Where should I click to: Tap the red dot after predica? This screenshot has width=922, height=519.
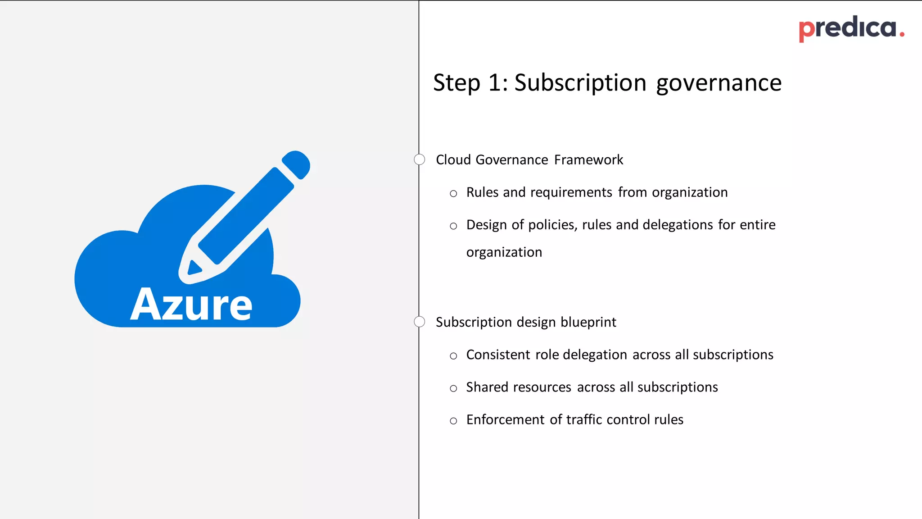coord(902,35)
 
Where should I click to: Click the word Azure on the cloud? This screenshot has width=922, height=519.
coord(191,305)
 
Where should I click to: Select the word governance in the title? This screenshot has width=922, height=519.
coord(719,83)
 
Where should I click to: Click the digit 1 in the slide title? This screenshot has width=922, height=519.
coord(494,83)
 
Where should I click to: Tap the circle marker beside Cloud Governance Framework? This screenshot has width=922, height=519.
coord(419,159)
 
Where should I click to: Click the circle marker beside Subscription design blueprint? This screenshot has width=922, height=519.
coord(419,322)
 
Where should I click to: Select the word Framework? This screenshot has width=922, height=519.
coord(588,160)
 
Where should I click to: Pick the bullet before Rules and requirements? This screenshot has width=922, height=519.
coord(453,194)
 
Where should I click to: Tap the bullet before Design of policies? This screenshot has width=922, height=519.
coord(453,226)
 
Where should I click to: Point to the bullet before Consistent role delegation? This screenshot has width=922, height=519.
coord(453,356)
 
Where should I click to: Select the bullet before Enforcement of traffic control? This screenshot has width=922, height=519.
coord(453,421)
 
